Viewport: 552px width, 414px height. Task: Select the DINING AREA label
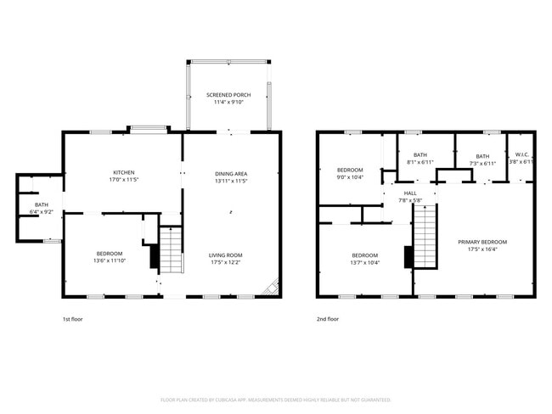230,173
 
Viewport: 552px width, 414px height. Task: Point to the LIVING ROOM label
226,255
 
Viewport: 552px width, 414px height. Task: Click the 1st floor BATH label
42,204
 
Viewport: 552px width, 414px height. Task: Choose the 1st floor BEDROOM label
109,254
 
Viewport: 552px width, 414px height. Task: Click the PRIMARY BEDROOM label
476,241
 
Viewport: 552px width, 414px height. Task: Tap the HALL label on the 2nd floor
410,193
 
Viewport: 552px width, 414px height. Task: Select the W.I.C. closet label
521,155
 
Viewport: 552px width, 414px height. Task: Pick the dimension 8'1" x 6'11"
420,162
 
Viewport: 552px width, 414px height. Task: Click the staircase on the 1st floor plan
172,250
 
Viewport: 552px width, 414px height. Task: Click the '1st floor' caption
73,319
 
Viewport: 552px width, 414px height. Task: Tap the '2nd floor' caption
328,319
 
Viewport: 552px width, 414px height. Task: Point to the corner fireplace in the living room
272,288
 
